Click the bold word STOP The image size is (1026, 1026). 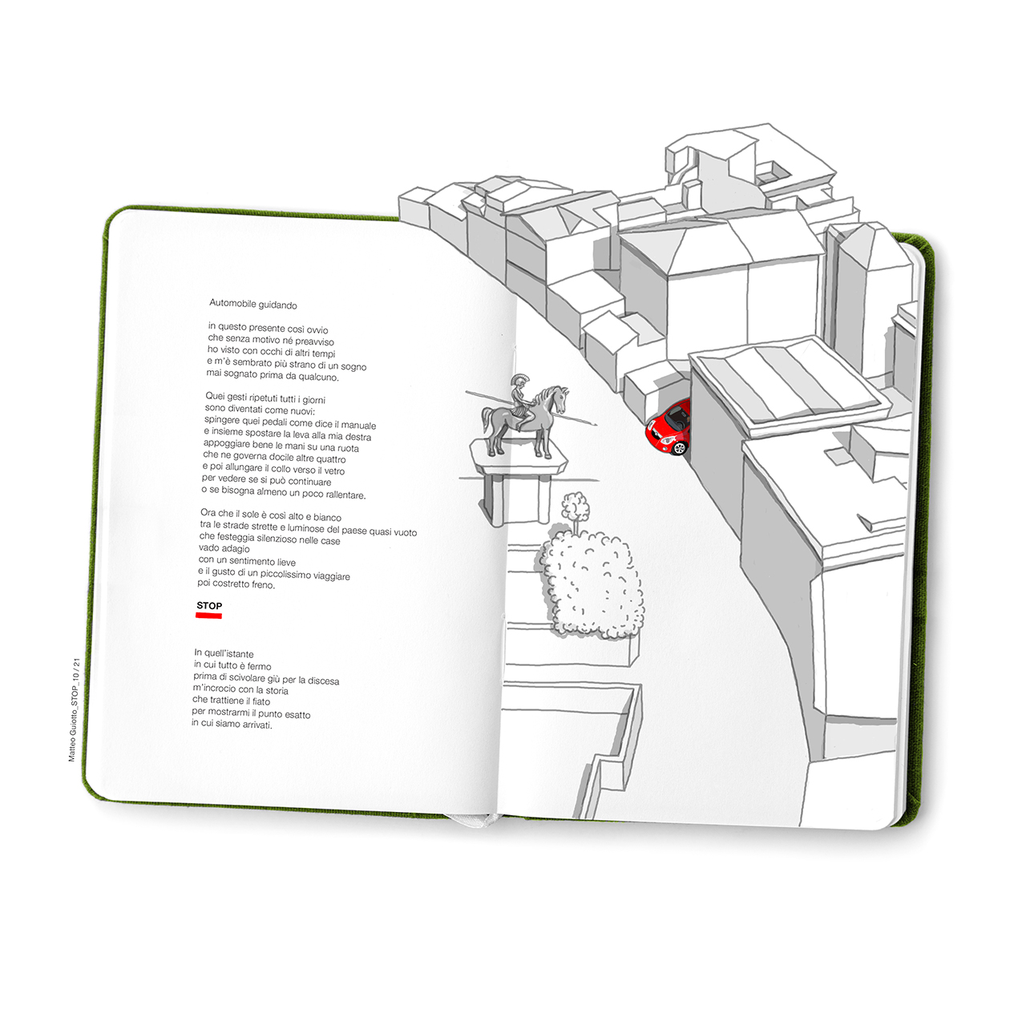coord(209,605)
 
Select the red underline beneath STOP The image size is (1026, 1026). coord(208,616)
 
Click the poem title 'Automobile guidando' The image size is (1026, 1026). coord(253,305)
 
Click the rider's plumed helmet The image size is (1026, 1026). coord(516,382)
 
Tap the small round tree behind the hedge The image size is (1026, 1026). coord(576,507)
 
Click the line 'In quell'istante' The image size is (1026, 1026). coord(224,653)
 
